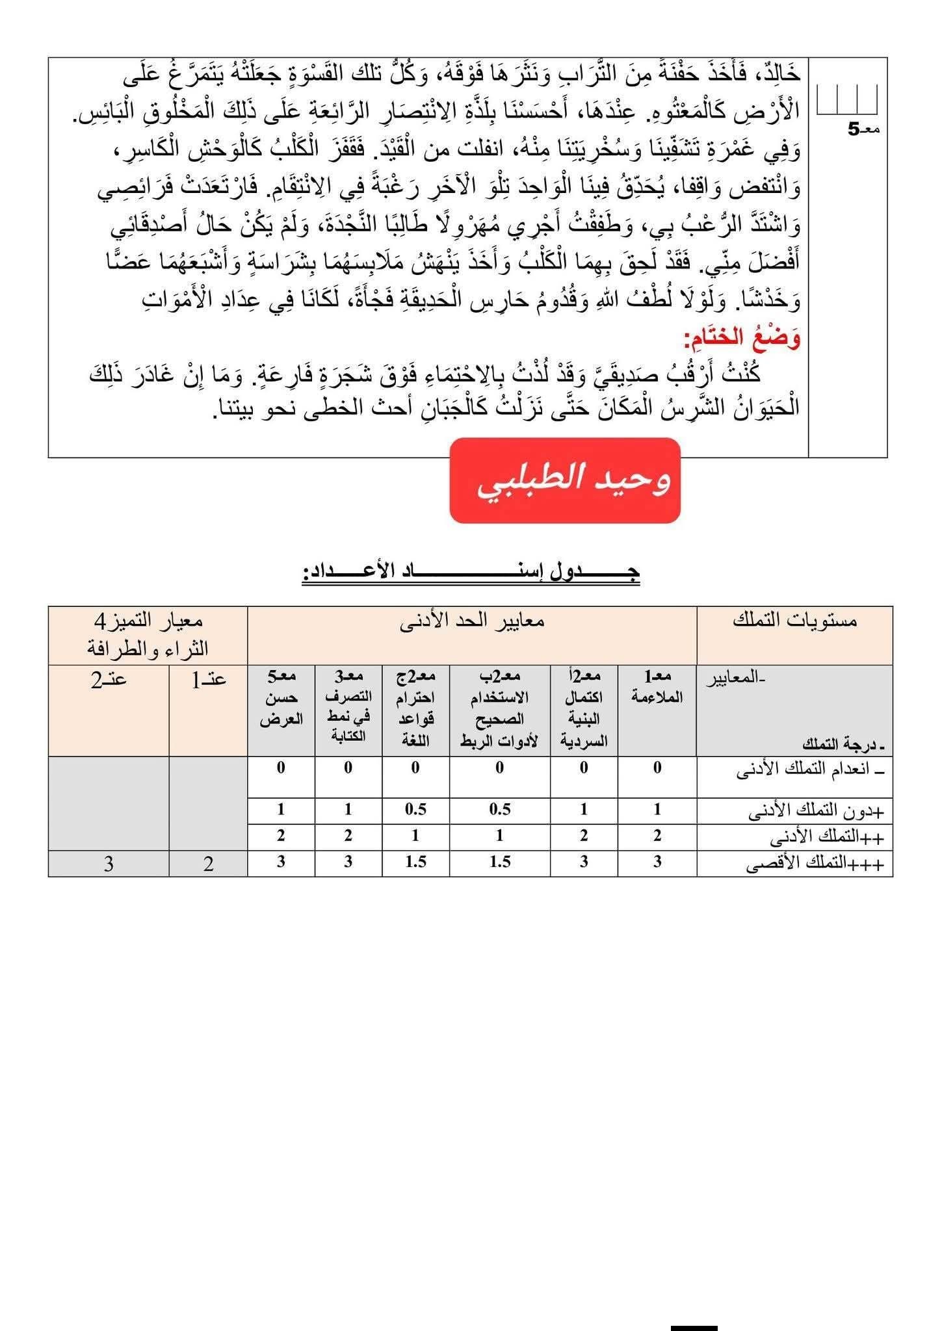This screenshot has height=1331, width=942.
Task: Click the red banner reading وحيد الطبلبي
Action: click(x=564, y=480)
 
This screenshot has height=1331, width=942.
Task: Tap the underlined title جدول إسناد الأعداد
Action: click(x=471, y=573)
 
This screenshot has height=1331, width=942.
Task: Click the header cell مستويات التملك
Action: click(x=794, y=621)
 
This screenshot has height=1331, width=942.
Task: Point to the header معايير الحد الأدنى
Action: click(x=472, y=621)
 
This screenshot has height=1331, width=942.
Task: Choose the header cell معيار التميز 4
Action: click(x=148, y=634)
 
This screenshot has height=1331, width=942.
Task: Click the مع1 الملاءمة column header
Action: click(x=657, y=688)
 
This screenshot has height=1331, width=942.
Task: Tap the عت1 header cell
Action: click(x=208, y=680)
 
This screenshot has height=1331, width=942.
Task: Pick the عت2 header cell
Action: click(x=109, y=680)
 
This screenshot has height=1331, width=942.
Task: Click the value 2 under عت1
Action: click(x=208, y=864)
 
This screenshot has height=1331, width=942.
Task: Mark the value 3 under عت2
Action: click(x=109, y=864)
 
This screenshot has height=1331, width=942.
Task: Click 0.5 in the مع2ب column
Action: click(x=499, y=809)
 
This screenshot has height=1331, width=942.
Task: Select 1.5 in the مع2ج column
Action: click(x=415, y=862)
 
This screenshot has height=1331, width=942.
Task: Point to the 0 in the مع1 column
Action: click(x=657, y=768)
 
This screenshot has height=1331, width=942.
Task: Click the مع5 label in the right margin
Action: click(x=863, y=129)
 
